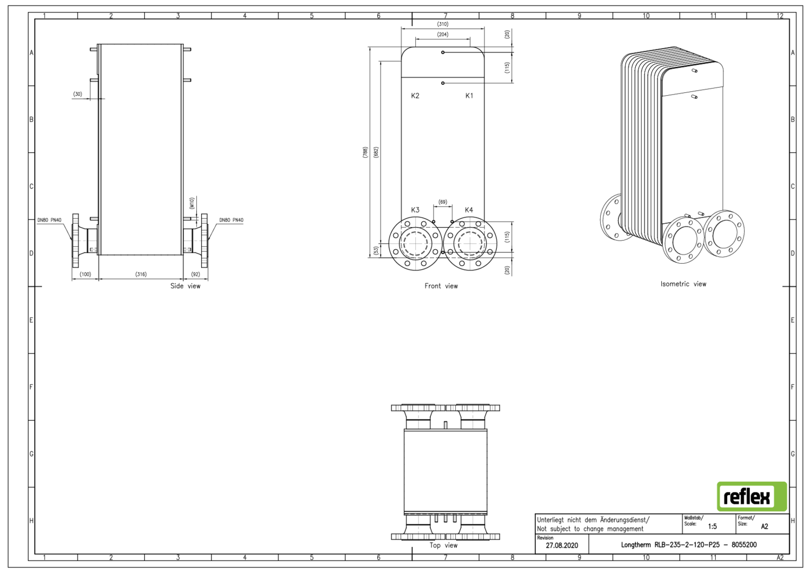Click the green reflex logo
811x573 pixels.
[x=752, y=496]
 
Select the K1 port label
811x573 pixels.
[x=469, y=96]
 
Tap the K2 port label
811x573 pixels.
[x=415, y=96]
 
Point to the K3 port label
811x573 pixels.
[x=415, y=210]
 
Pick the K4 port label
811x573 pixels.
[x=469, y=210]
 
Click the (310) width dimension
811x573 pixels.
[x=443, y=24]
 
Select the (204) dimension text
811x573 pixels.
[x=443, y=35]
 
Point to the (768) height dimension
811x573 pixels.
[x=365, y=152]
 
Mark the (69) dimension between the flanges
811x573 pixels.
[x=443, y=202]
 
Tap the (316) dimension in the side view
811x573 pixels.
[x=141, y=274]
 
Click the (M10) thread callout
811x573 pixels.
[x=191, y=203]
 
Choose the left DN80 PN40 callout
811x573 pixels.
[x=49, y=220]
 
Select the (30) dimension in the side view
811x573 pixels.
[x=78, y=94]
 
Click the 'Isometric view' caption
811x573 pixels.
[x=683, y=284]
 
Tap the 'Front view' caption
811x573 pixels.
[x=441, y=286]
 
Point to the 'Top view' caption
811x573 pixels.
[x=443, y=545]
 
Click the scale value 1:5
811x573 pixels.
[x=712, y=527]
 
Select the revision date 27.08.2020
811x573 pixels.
[x=562, y=545]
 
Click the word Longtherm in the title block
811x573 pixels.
[x=636, y=545]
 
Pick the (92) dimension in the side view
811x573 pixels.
[x=195, y=274]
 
